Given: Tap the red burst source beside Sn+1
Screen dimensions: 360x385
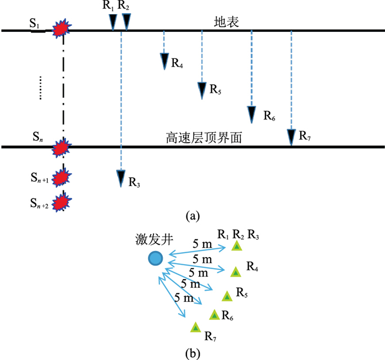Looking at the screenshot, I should [x=63, y=178].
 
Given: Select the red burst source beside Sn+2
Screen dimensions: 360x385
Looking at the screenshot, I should [x=63, y=201].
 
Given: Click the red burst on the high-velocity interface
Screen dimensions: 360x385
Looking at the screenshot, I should [x=63, y=148].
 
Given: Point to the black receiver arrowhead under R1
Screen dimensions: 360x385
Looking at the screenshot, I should [x=113, y=21].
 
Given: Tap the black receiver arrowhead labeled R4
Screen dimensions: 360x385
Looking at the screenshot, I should [x=164, y=61].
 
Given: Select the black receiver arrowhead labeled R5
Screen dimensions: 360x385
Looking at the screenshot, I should [x=202, y=89].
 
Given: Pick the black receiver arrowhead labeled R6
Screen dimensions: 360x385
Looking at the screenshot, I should [x=252, y=113].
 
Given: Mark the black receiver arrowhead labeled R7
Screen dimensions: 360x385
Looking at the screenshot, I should [x=291, y=136].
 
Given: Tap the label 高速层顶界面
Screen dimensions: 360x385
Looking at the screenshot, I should [x=204, y=138].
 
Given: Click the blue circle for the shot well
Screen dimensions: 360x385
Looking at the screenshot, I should [x=156, y=258].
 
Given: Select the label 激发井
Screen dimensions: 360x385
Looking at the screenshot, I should [x=152, y=240].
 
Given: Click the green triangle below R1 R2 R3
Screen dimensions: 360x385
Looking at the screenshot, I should [x=237, y=246].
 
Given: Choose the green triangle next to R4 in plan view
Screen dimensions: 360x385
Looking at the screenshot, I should [x=235, y=271].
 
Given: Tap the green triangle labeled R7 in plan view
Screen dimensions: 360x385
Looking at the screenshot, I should [x=195, y=327].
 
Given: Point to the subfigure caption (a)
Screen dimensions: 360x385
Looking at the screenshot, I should [x=192, y=216].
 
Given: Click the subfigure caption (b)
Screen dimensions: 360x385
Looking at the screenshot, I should [x=192, y=352].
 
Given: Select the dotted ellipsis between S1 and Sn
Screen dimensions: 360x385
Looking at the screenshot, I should [x=40, y=88].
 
